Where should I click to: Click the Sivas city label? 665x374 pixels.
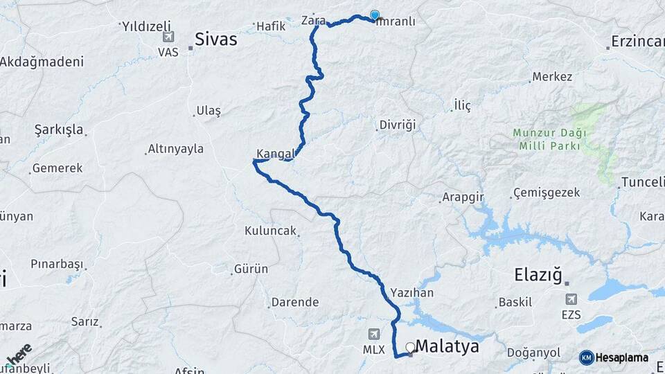[x=215, y=39]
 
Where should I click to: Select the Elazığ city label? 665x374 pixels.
[x=538, y=274]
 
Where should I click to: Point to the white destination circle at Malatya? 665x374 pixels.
[x=410, y=347]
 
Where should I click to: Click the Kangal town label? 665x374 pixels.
[x=276, y=153]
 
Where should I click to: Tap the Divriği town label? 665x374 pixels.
[x=397, y=125]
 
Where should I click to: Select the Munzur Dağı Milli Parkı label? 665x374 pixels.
[x=550, y=139]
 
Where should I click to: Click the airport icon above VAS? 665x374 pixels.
[x=168, y=37]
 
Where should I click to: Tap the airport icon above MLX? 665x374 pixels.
[x=375, y=334]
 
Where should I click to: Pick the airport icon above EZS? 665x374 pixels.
[x=571, y=299]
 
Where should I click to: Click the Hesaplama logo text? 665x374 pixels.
[x=621, y=357]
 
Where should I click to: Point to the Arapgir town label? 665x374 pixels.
[x=463, y=197]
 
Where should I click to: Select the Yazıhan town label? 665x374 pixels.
[x=411, y=293]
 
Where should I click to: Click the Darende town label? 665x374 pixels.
[x=295, y=303]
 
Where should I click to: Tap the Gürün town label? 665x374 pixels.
[x=251, y=269]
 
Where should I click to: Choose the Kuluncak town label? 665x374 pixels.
[x=270, y=231]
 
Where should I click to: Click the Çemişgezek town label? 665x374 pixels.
[x=547, y=193]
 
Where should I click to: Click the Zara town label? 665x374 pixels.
[x=313, y=20]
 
